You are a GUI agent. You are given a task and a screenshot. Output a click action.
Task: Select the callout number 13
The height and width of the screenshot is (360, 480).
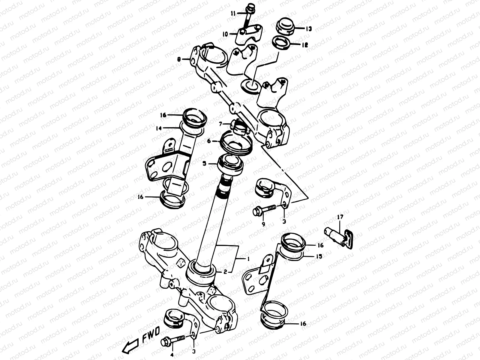[309, 29]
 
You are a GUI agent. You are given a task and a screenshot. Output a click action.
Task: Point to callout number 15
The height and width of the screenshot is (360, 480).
[319, 256]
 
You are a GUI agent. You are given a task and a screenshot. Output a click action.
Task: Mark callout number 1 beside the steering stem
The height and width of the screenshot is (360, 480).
[248, 258]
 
